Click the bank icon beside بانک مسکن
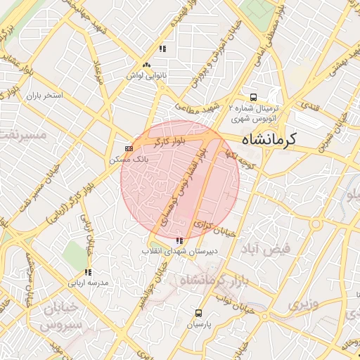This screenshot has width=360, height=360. click(x=129, y=149)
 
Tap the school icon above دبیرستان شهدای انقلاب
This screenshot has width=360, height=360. click(x=176, y=242)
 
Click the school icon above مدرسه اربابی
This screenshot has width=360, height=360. click(x=87, y=272)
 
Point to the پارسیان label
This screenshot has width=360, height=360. click(x=199, y=325)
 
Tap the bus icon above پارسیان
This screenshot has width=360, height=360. click(x=199, y=314)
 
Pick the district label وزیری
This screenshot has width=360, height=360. click(x=303, y=304)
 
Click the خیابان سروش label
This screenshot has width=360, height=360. click(x=60, y=317)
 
